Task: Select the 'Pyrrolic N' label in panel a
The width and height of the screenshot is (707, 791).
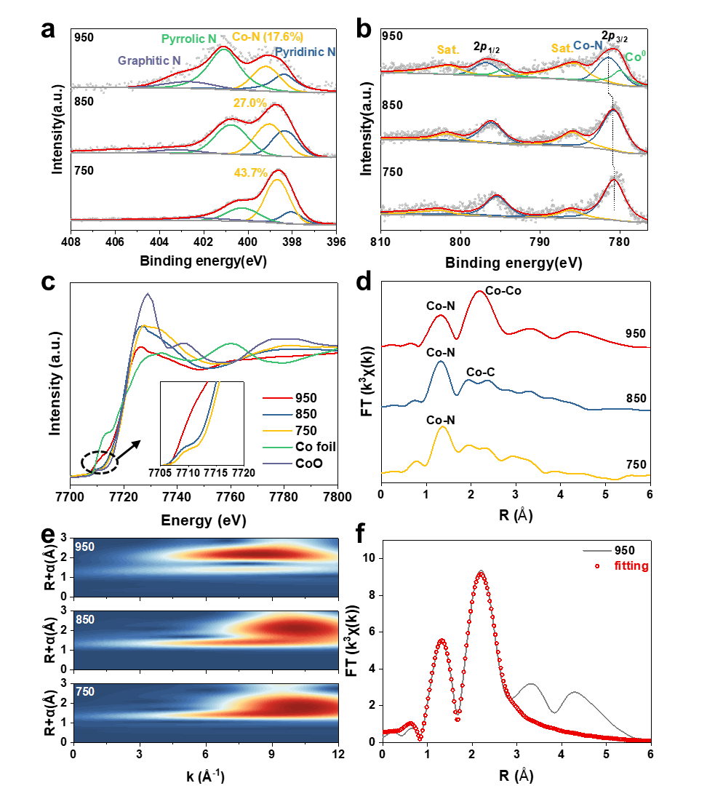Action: coord(188,38)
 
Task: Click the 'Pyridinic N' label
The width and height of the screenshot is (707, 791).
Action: coord(305,52)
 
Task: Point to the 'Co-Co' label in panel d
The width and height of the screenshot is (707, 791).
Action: coord(503,290)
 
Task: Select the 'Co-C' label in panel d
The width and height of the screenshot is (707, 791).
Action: coord(481,373)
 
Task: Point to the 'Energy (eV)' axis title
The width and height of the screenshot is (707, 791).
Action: coord(204,522)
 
